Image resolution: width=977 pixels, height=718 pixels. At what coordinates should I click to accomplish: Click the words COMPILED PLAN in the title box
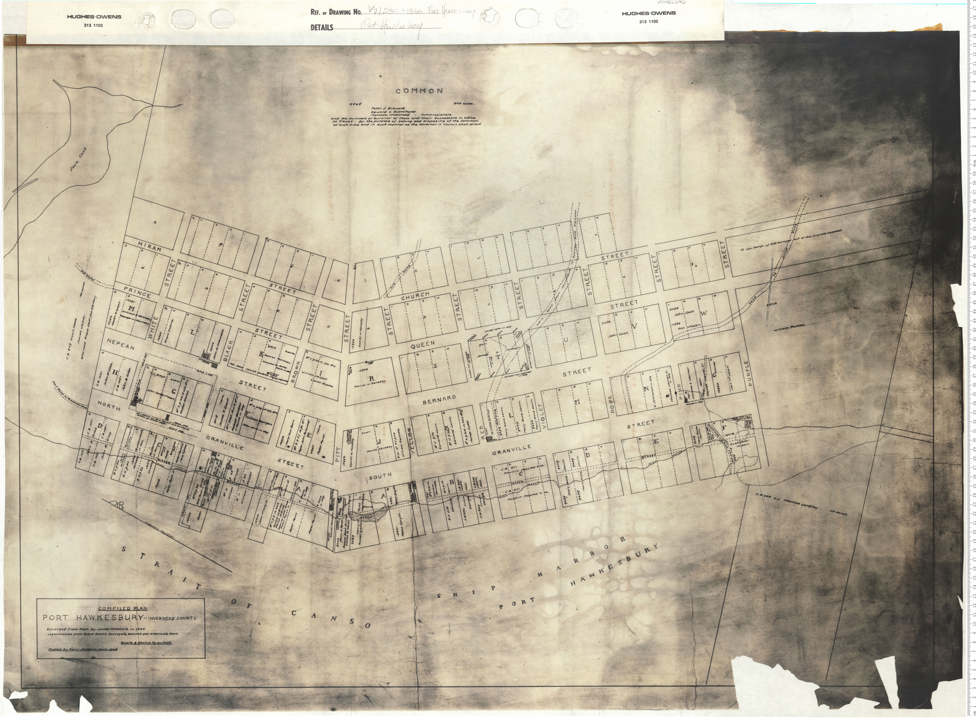click(120, 608)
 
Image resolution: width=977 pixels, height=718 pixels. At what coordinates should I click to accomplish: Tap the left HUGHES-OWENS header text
click(94, 17)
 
